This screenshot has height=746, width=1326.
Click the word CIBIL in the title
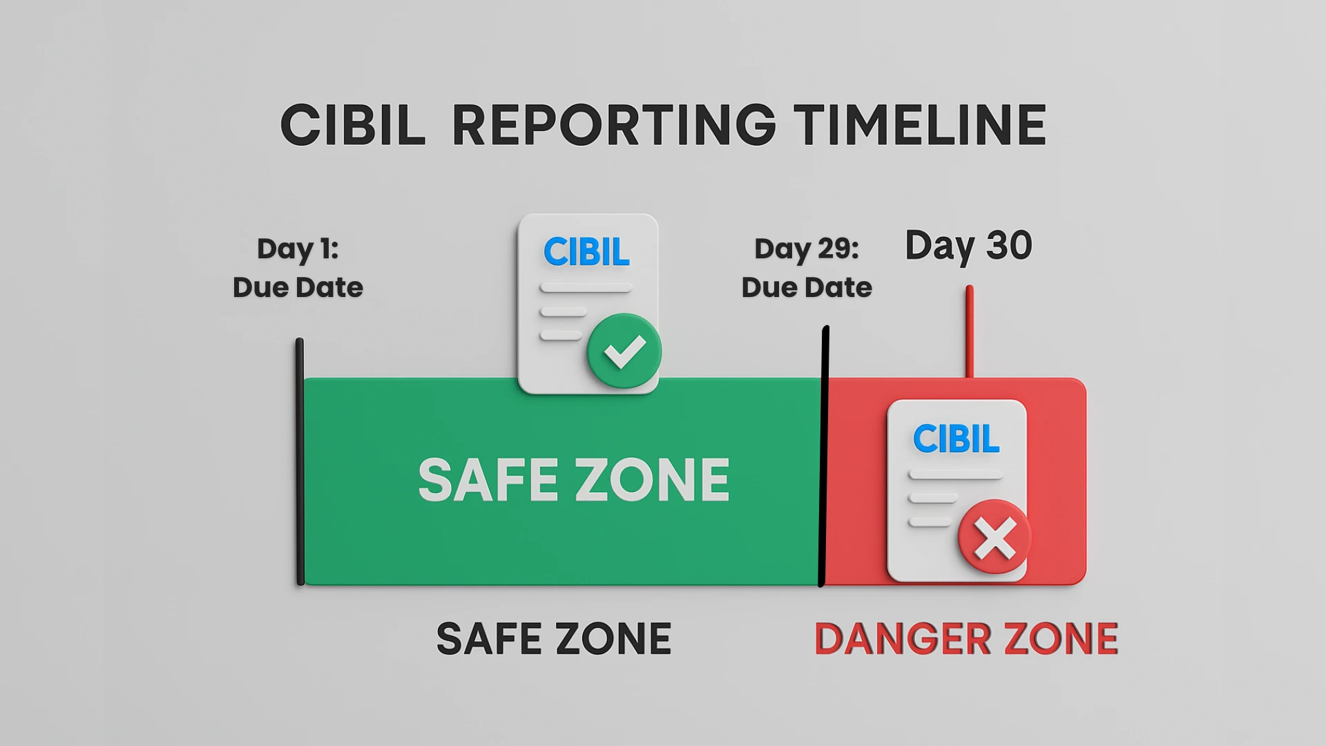(353, 125)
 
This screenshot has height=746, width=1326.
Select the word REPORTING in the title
(614, 125)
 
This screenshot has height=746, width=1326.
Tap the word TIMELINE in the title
(920, 125)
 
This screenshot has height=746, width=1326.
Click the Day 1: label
(298, 249)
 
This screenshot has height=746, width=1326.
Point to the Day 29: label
(807, 249)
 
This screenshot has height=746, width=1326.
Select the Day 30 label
(968, 245)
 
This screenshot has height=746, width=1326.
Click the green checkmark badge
(624, 351)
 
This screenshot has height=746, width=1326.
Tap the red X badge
(995, 537)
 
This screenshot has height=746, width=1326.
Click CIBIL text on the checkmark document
(586, 251)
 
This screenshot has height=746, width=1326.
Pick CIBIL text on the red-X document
(957, 439)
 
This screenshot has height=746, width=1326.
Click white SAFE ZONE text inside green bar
(574, 479)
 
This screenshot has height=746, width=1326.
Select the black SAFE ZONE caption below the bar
(554, 638)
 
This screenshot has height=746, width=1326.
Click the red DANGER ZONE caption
(966, 638)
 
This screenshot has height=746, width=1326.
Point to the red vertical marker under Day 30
(970, 332)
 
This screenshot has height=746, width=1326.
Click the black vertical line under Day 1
(300, 461)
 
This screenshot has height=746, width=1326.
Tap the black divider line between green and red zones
(824, 457)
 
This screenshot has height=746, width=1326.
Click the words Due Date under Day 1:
(298, 287)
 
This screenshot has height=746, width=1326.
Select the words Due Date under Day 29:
(807, 287)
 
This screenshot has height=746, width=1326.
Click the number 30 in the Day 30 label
(1009, 245)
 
